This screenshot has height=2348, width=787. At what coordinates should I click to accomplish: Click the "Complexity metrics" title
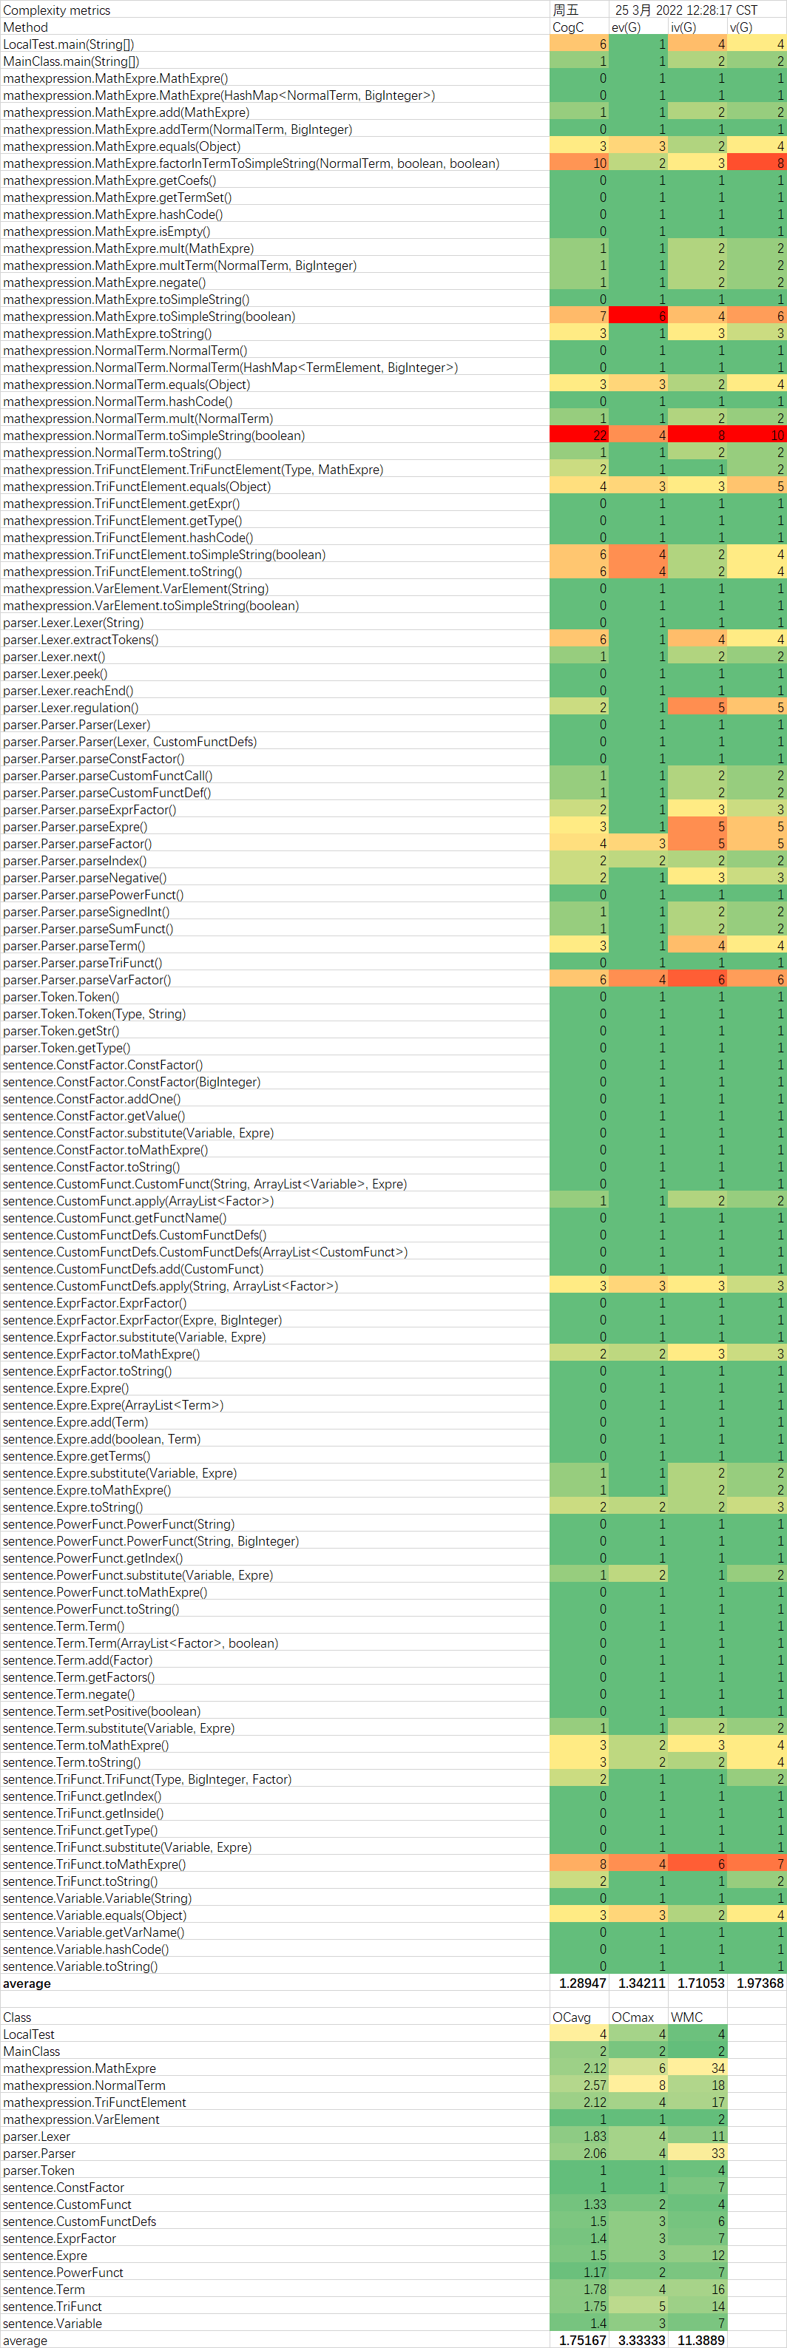[x=56, y=10]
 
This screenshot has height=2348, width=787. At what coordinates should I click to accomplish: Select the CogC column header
[x=567, y=27]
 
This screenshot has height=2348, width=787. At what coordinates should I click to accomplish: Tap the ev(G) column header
[x=626, y=27]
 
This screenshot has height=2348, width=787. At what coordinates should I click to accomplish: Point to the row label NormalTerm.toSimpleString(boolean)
[x=153, y=436]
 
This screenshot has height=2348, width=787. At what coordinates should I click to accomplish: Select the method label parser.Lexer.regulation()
[x=70, y=707]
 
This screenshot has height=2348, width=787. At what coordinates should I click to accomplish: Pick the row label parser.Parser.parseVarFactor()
[x=87, y=980]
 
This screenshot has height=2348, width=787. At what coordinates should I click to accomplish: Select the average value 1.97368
[x=760, y=1983]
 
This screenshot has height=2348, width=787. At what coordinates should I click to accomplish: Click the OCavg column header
[x=572, y=2017]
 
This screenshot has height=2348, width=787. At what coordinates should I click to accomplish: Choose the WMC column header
[x=686, y=2017]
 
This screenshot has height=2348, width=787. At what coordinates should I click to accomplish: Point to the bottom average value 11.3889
[x=700, y=2340]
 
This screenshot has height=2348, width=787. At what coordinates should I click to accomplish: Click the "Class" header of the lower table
[x=17, y=2017]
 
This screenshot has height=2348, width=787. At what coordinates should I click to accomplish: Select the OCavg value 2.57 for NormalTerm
[x=594, y=2085]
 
